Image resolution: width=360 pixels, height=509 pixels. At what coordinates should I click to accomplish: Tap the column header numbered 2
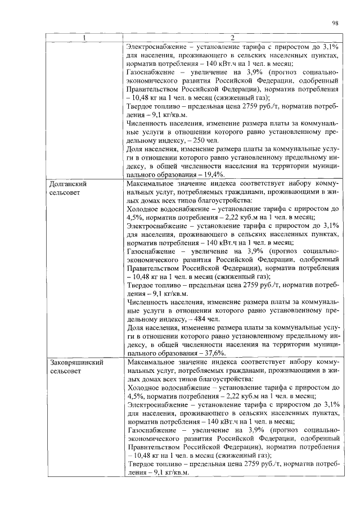click(232, 38)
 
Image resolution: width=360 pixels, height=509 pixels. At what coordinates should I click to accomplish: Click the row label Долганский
click(69, 184)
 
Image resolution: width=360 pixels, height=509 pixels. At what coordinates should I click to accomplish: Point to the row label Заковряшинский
click(76, 363)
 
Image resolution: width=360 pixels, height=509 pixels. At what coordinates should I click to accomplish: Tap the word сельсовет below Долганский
click(67, 193)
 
